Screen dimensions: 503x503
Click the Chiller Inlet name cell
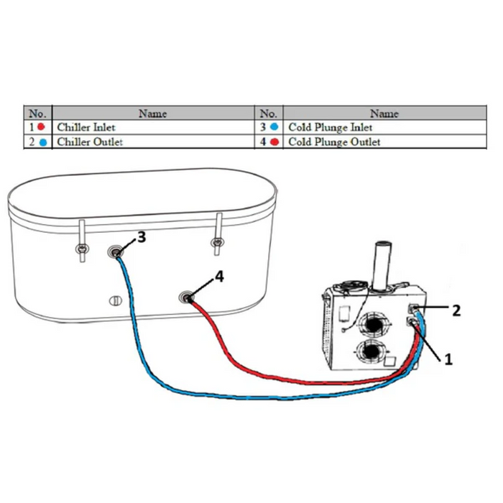(86, 128)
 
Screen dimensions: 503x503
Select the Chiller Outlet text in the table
(90, 142)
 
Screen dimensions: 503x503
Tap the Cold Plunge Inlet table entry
(331, 128)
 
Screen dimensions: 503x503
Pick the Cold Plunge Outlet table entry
(334, 142)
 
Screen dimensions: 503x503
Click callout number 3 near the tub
(141, 237)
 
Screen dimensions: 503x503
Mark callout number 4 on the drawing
(219, 277)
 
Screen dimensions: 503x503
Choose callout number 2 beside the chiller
(455, 310)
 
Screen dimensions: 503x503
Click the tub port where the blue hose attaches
(116, 251)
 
